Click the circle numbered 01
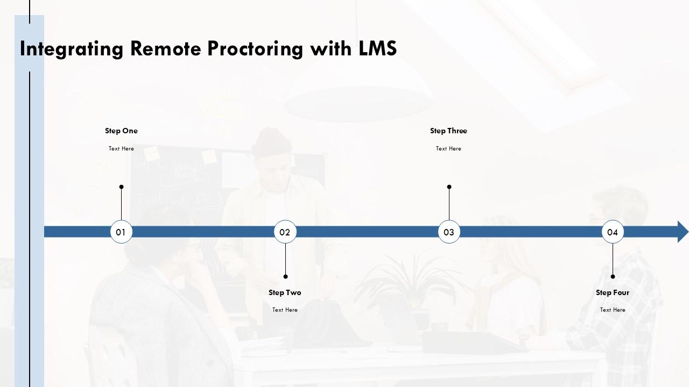coord(121,232)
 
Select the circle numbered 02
coord(285,232)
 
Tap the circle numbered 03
coord(449,232)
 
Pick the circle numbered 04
coord(613,232)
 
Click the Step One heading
coord(121,131)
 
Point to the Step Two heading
coord(285,293)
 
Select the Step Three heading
coord(448,131)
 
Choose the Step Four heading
coord(613,293)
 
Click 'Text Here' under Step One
coord(121,149)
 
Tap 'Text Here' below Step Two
coord(285,310)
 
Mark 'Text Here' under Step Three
coord(448,149)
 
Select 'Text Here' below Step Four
coord(613,310)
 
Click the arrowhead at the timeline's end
coord(683,232)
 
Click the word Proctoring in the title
coord(255,49)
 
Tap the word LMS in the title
coord(378,48)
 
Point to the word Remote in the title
coord(166,48)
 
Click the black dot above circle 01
coord(122,187)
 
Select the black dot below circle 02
coord(285,276)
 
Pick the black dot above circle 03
coord(449,187)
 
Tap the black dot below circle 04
coord(613,276)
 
